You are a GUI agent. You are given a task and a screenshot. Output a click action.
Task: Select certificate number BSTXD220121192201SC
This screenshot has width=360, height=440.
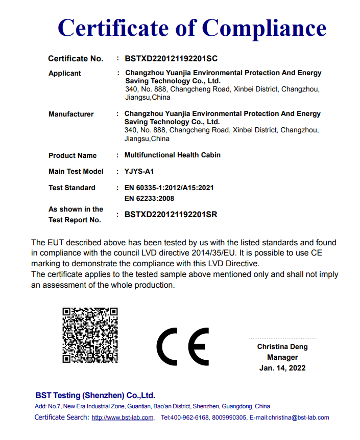(171, 59)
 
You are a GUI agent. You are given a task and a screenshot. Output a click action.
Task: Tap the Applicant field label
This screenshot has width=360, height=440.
(65, 74)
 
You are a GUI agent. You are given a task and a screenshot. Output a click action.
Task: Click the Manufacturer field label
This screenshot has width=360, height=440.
(71, 114)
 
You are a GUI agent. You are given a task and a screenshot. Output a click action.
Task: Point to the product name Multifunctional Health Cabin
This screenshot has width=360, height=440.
(173, 155)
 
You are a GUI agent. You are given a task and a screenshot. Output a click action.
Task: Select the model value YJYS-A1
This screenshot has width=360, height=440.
(139, 171)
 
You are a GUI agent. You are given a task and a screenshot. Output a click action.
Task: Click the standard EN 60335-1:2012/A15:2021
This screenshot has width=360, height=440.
(169, 188)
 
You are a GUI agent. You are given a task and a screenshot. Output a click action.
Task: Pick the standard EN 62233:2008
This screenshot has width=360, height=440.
(149, 198)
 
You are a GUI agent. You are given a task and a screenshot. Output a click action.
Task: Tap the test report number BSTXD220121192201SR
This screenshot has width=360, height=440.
(171, 215)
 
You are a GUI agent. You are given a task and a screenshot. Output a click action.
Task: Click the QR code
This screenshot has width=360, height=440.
(90, 335)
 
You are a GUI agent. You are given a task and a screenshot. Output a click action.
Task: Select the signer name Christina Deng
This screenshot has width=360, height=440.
(282, 347)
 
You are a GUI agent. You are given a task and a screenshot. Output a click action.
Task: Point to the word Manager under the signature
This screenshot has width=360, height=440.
(282, 358)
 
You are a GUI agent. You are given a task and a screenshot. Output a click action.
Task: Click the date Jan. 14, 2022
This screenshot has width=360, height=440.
(282, 368)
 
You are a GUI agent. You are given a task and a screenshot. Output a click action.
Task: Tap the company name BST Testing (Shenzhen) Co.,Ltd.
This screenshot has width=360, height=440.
(95, 396)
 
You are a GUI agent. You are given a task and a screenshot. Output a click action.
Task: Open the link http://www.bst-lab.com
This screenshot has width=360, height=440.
(123, 418)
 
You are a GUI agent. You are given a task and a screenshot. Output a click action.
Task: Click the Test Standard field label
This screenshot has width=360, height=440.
(72, 188)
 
